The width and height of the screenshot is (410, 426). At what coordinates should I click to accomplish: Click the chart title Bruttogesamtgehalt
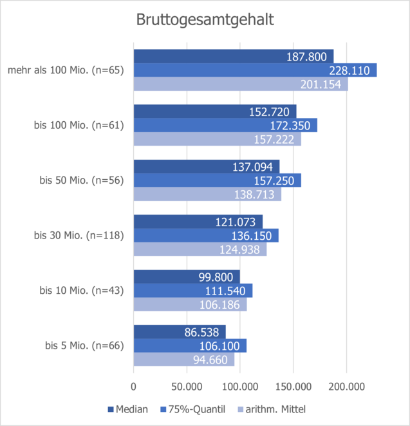coord(205,20)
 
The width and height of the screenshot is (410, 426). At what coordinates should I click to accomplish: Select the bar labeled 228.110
coord(254,70)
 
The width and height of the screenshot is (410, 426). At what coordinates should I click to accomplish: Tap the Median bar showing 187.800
coord(233,57)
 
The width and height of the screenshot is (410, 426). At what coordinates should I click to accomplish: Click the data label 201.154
coord(324,84)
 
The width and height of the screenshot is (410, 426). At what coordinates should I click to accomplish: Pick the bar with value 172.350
coord(225,125)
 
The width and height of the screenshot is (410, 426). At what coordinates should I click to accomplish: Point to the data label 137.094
coord(256,167)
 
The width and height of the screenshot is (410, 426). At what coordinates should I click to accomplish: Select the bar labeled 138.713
coord(207,194)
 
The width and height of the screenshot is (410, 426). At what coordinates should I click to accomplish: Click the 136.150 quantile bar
coord(205,235)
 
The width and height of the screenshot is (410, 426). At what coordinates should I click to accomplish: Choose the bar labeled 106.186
coord(189,304)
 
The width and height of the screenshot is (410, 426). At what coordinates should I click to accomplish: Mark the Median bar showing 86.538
coord(179,332)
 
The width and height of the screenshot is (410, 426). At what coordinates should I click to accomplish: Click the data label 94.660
coord(210,360)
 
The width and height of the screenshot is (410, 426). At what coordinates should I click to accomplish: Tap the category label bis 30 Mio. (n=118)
coord(79,235)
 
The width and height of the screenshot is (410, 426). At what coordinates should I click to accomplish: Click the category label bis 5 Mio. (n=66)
coord(84,346)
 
